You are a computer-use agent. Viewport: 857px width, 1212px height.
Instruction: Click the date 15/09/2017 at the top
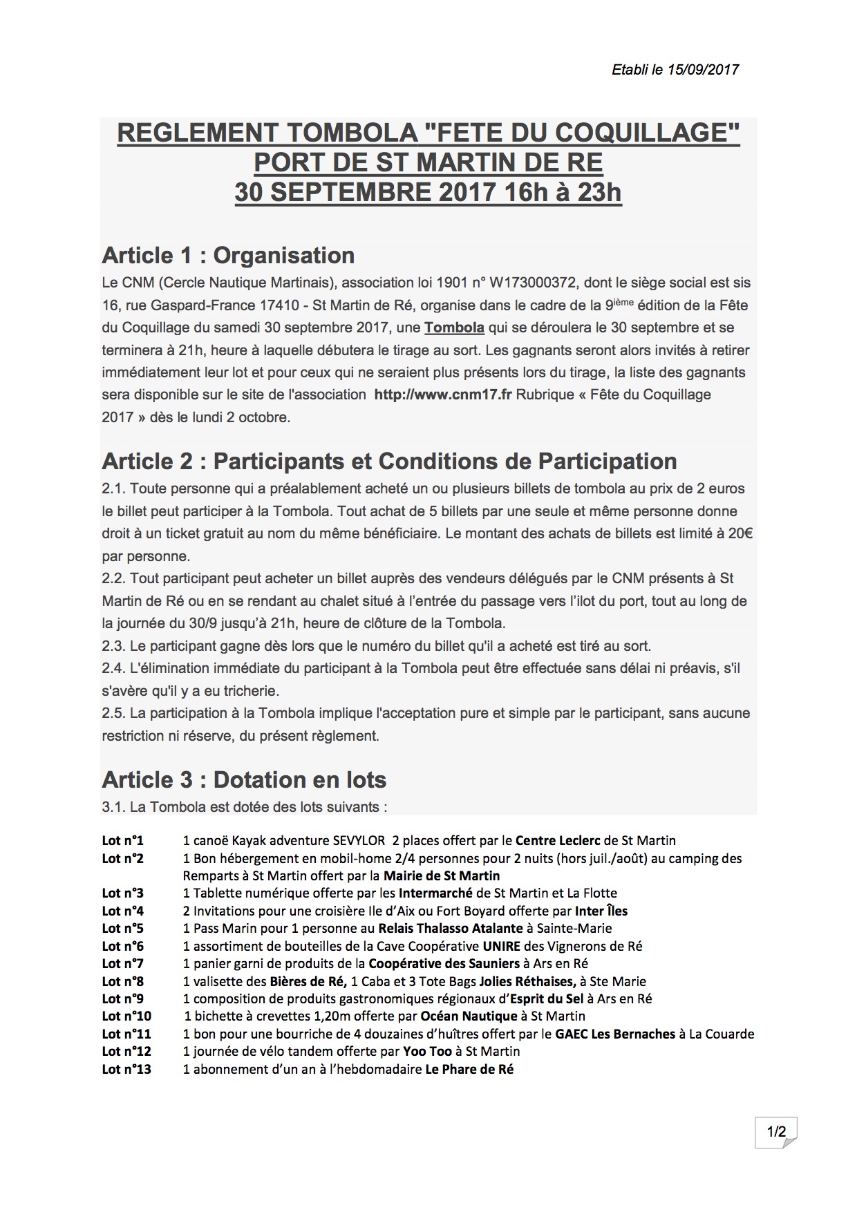(x=704, y=70)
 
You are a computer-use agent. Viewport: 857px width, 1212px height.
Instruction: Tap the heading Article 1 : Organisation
(x=228, y=256)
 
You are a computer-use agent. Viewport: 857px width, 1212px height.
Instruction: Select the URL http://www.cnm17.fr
(x=442, y=395)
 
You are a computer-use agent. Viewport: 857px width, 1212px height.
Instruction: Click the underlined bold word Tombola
(x=454, y=328)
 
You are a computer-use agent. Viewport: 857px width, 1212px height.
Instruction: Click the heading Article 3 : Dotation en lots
(x=244, y=780)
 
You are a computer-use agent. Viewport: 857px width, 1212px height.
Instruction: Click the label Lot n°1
(x=123, y=841)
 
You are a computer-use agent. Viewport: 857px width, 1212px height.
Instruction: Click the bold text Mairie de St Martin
(x=442, y=876)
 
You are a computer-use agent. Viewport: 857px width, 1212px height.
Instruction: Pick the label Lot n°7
(x=123, y=963)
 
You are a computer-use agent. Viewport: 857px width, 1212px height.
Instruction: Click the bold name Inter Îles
(x=601, y=911)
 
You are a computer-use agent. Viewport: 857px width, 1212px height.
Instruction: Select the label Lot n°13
(x=126, y=1070)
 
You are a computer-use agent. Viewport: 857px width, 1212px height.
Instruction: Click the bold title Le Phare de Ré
(x=469, y=1070)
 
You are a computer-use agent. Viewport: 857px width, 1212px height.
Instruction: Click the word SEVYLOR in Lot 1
(x=359, y=841)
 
